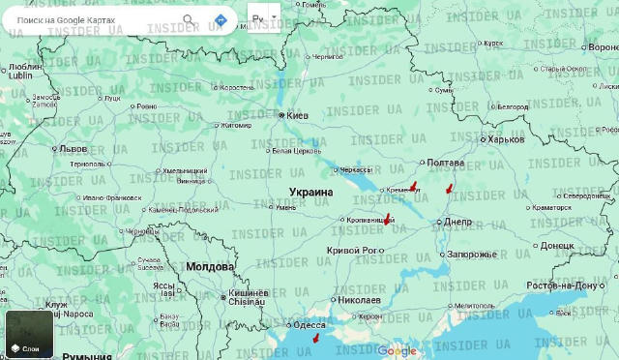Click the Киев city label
[x=296, y=115]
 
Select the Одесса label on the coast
[x=309, y=325]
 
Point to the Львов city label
[x=73, y=149]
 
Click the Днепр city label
[x=457, y=222]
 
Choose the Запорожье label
[x=471, y=255]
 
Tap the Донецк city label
[x=557, y=245]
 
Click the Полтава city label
[x=445, y=162]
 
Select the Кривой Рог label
[x=353, y=251]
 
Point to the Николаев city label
[x=359, y=300]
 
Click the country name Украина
[x=310, y=193]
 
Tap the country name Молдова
[x=210, y=266]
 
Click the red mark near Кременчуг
[x=413, y=185]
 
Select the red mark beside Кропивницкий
[x=389, y=219]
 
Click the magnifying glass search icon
[x=189, y=19]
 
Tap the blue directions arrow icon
[x=221, y=19]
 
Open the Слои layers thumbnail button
[x=29, y=334]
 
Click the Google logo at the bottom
[x=397, y=350]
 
